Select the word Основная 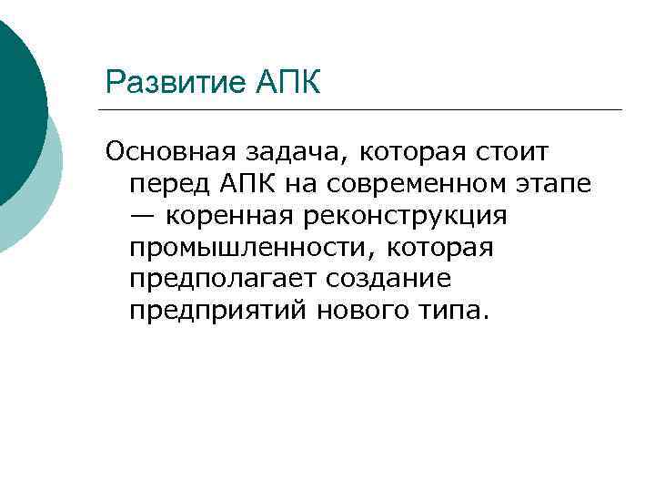(167, 151)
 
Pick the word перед (168, 183)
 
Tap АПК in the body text (251, 183)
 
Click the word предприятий (218, 311)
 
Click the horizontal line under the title (364, 110)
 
